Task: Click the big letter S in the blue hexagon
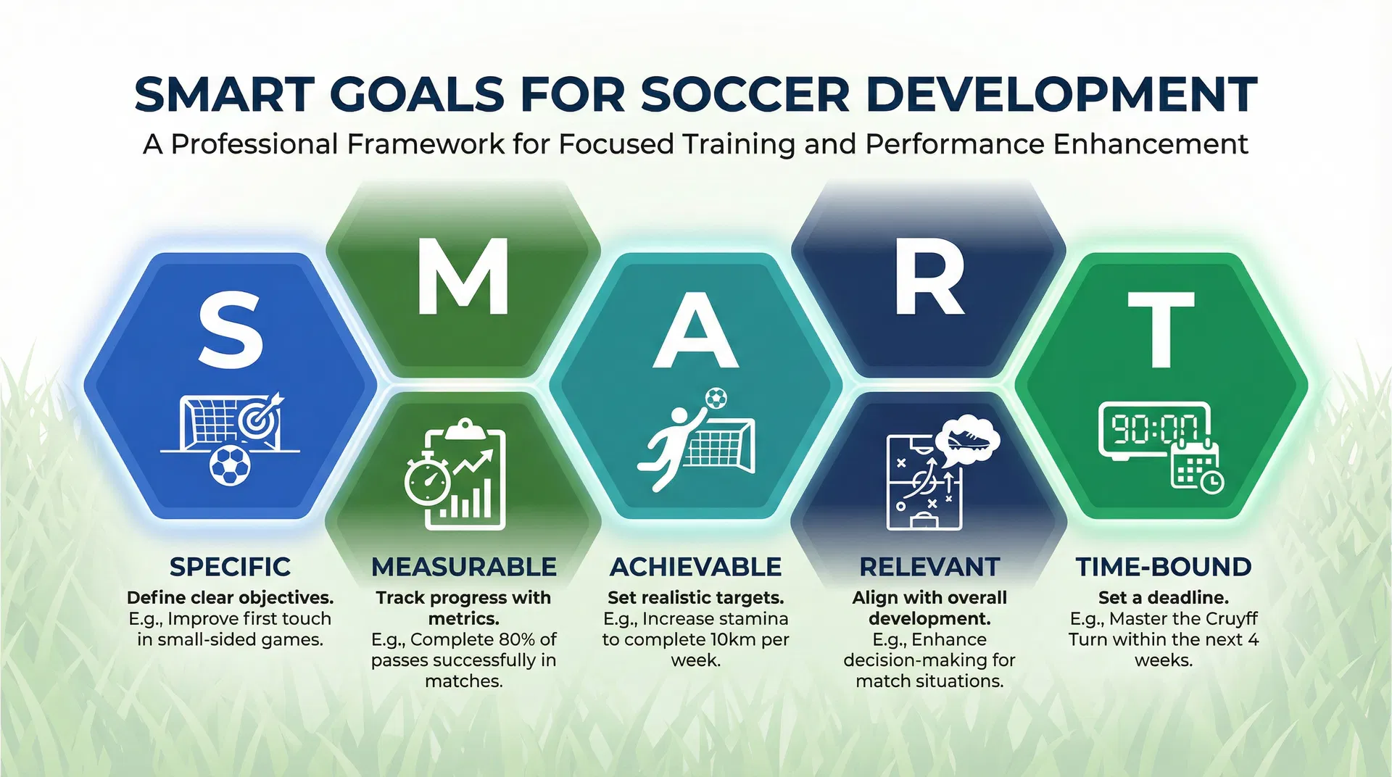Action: (231, 330)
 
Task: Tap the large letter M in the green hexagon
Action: (463, 277)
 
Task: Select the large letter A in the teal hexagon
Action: (695, 331)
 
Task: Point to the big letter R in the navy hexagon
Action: (929, 277)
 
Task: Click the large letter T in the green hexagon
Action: (1161, 330)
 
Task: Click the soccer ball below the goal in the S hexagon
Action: (230, 465)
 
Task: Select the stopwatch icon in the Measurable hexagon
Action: (427, 481)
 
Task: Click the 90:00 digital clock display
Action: (1153, 430)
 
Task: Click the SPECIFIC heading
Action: (230, 567)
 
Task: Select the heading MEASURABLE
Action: (464, 567)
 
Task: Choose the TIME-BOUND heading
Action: (1163, 567)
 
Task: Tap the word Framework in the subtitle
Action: (425, 144)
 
